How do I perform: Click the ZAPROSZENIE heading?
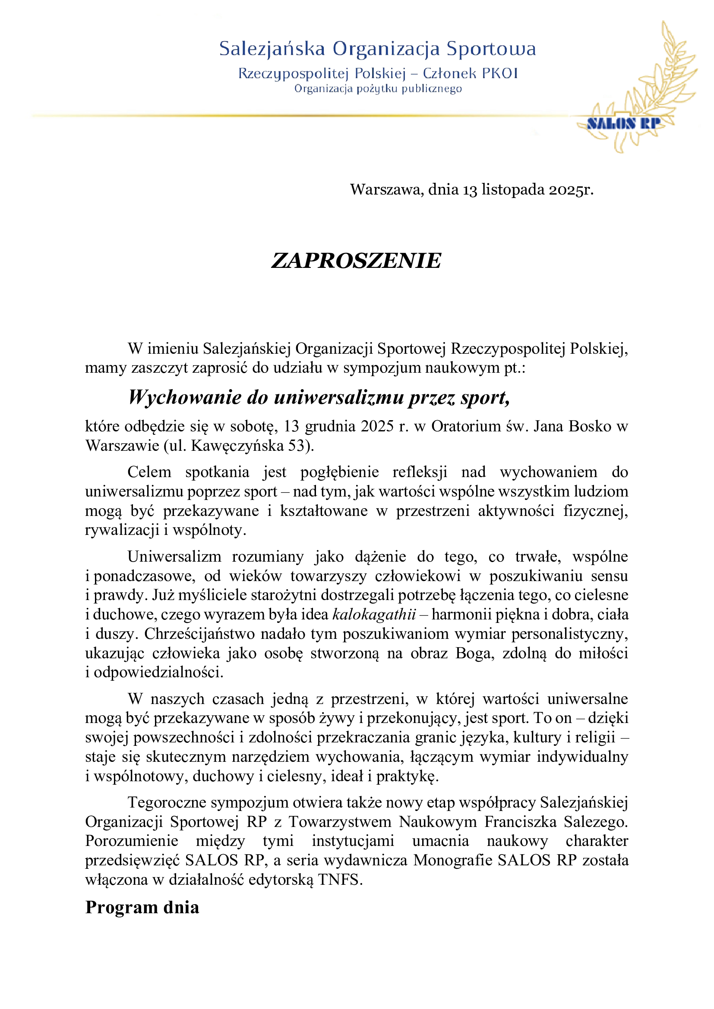point(356,261)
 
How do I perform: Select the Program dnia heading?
point(142,907)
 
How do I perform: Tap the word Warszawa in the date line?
point(386,189)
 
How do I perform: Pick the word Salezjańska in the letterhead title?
point(272,48)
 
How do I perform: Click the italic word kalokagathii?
point(374,614)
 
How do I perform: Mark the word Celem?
point(149,472)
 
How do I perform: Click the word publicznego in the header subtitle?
point(431,89)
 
